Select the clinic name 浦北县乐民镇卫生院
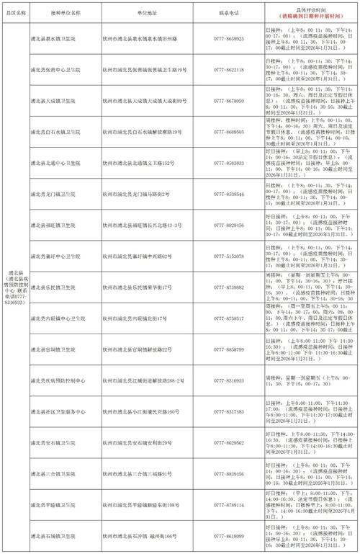(x=62, y=287)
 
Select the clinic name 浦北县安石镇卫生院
(x=62, y=442)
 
